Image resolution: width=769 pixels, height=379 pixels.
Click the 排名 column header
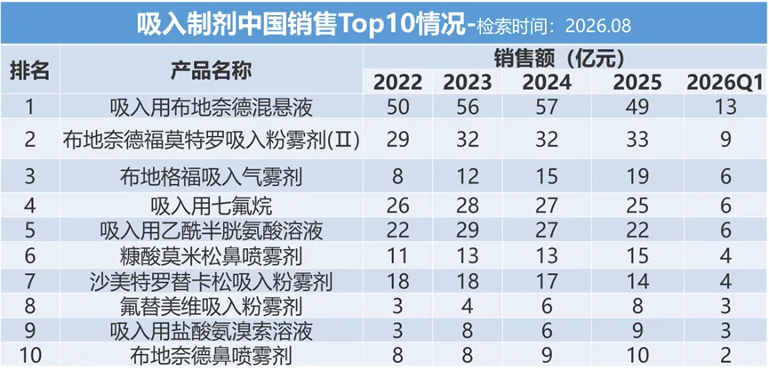30,71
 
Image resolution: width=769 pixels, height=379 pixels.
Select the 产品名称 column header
212,71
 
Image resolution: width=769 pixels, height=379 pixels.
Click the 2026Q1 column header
725,83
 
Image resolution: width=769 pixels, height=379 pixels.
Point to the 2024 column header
547,83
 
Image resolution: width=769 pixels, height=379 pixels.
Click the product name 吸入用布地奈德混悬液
212,108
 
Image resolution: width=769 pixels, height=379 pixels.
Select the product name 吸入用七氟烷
212,206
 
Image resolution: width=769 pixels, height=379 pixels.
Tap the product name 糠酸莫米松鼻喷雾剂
212,255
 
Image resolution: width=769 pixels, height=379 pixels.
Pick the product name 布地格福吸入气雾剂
212,177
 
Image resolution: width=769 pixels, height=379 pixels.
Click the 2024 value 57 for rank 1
547,107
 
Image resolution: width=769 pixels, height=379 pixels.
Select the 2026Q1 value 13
725,107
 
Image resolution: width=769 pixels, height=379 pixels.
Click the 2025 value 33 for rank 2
637,140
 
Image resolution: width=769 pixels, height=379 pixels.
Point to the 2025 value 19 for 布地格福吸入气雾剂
637,177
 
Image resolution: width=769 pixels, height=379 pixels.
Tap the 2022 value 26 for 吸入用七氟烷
397,206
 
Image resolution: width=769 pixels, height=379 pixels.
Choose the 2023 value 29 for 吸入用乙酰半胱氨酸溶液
468,230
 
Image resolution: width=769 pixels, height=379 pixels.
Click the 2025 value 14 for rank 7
637,281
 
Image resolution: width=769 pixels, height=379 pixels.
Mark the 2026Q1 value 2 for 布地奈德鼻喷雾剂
725,355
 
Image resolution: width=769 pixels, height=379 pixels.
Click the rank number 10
30,355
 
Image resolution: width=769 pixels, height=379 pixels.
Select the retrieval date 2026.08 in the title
597,26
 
